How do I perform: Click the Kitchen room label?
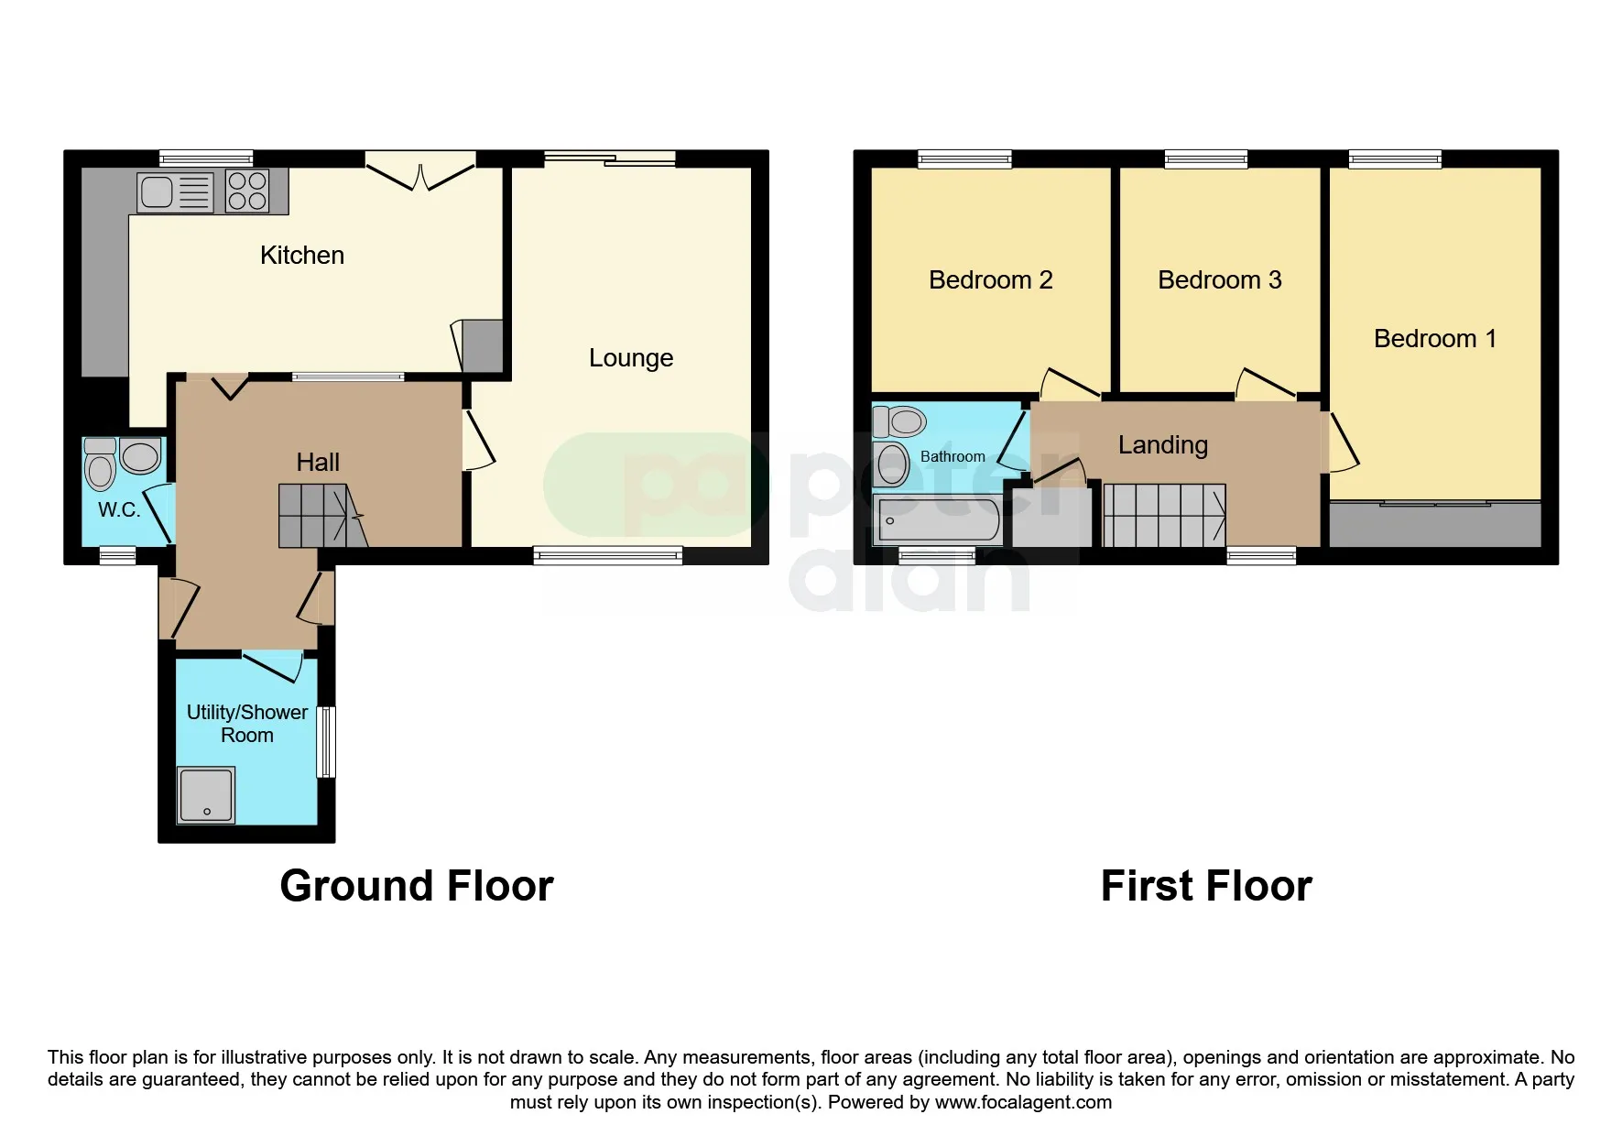coord(302,255)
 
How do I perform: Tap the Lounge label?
coord(631,358)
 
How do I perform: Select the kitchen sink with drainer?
coord(175,192)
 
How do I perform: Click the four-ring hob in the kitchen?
coord(247,191)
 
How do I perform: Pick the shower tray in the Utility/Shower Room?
coord(207,795)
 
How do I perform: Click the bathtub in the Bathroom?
coord(939,519)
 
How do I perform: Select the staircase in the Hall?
coord(323,517)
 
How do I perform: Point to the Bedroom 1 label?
coord(1435,339)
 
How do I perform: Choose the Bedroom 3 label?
coord(1219,280)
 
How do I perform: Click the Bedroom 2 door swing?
coord(1070,384)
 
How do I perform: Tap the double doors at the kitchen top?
coord(421,176)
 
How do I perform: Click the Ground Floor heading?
coord(417,886)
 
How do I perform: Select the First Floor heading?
coord(1206,886)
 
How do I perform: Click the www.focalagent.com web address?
coord(1023,1102)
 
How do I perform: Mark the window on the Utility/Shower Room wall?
coord(326,742)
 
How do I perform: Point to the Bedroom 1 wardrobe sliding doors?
coord(1435,503)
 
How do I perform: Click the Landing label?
coord(1163,445)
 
